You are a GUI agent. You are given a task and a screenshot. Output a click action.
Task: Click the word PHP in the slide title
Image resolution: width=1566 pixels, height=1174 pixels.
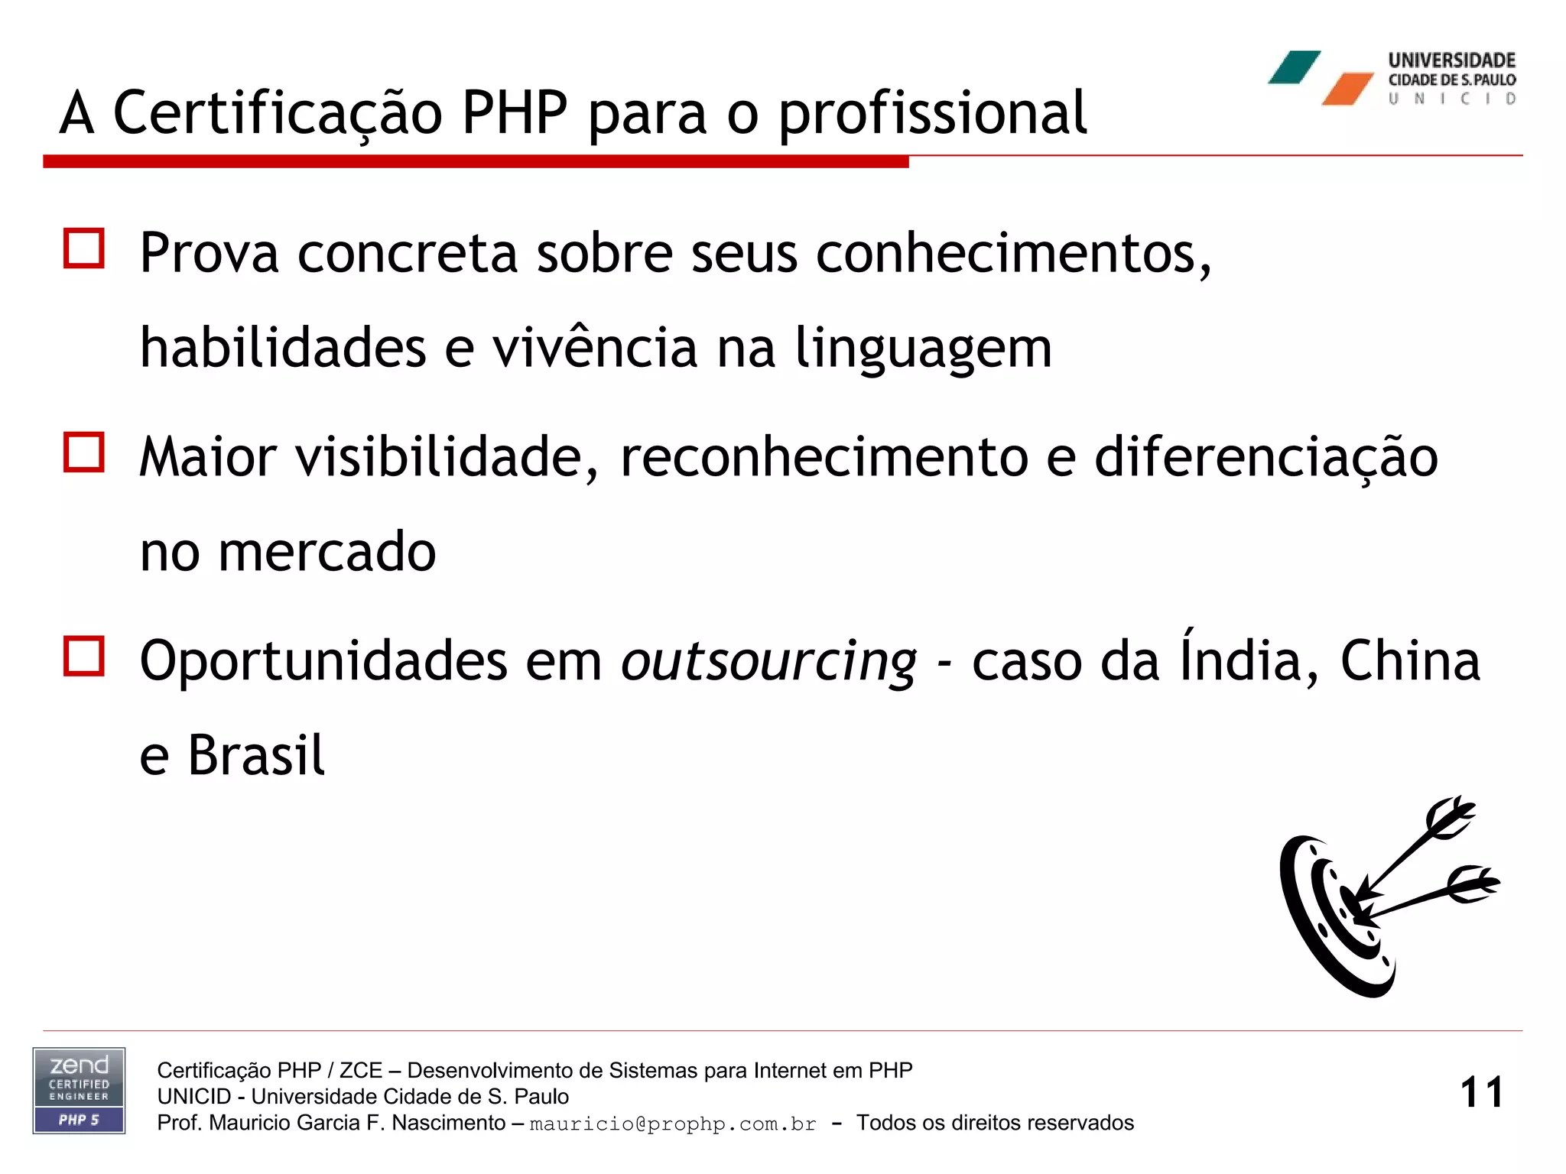[515, 113]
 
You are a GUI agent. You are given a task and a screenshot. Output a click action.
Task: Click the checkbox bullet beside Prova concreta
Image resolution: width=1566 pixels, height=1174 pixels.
[84, 248]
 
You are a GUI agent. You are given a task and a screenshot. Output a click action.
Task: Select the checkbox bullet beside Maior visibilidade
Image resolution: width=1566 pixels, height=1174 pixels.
[84, 452]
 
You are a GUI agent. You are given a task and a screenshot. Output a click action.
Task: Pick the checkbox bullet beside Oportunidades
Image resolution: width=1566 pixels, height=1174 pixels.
[84, 656]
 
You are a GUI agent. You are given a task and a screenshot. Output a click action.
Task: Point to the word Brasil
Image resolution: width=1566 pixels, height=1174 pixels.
[256, 755]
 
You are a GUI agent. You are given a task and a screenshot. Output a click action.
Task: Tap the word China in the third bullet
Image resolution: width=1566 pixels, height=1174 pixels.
[1410, 660]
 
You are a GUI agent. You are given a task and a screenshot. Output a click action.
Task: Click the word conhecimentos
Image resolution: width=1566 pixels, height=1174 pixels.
[1012, 254]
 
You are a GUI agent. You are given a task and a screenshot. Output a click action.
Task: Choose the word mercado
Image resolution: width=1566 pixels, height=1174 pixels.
[327, 552]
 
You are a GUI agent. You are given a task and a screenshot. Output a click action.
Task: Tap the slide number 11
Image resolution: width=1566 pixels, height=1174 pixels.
[1481, 1092]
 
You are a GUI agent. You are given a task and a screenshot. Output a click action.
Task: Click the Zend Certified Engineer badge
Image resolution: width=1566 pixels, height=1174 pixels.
[79, 1091]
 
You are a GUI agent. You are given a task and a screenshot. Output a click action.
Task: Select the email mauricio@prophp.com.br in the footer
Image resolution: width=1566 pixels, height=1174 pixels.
[673, 1124]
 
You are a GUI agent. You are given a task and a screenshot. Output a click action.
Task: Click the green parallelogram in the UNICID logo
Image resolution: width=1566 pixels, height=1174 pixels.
[1295, 67]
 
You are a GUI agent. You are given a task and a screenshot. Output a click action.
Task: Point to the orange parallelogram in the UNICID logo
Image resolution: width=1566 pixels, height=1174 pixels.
[1347, 89]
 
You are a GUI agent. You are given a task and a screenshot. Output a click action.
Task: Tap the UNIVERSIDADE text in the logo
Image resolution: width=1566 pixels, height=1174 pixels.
[1451, 60]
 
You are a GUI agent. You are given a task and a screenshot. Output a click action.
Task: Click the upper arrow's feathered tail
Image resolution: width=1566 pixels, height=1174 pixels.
[1450, 817]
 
